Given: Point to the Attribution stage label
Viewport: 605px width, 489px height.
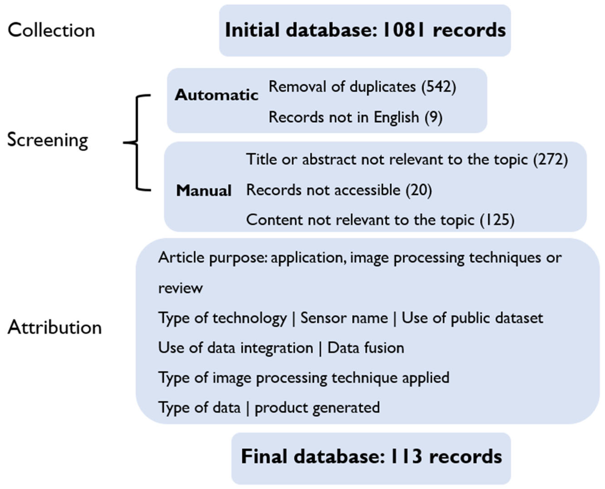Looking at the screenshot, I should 55,328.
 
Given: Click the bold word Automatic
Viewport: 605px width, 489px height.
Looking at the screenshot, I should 216,95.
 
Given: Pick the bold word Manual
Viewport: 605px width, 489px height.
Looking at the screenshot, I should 204,190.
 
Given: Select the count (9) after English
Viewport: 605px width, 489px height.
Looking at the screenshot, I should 433,117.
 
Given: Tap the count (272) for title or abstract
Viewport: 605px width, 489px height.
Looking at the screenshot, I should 550,160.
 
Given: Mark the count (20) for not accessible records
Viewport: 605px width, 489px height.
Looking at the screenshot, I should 419,190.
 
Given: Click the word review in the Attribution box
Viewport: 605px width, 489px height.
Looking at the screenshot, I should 181,288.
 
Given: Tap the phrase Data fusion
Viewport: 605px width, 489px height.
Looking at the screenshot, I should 366,348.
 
